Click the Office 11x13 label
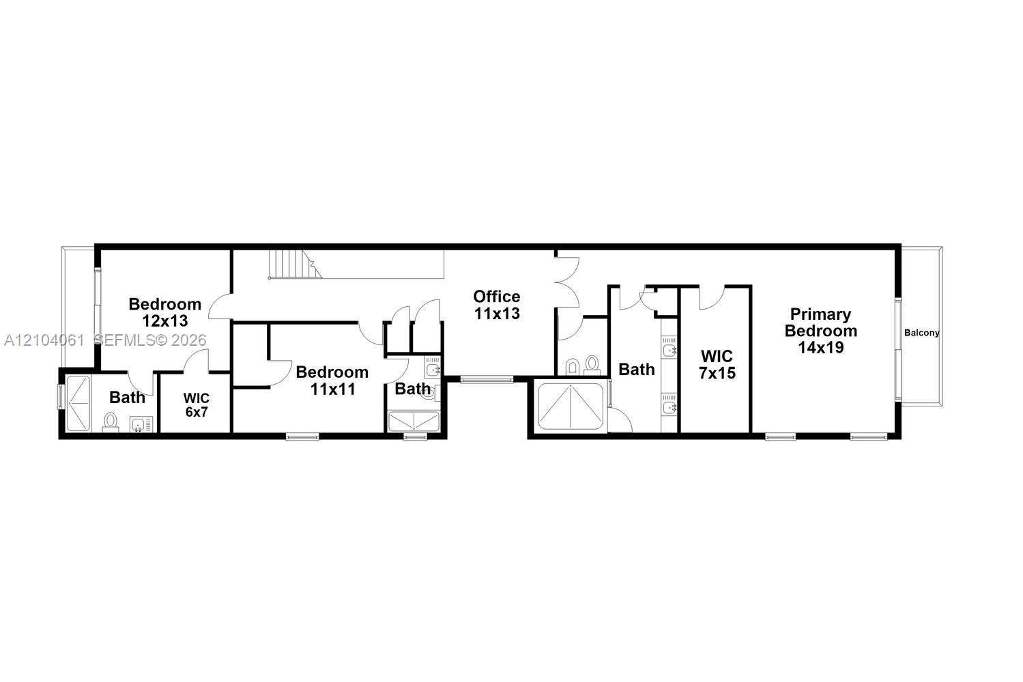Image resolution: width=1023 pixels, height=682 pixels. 497,305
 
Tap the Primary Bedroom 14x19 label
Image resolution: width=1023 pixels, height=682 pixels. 821,331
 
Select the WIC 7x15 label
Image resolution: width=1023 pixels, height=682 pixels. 717,364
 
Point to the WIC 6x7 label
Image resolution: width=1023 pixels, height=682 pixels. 197,405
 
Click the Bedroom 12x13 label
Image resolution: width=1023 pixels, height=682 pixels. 165,312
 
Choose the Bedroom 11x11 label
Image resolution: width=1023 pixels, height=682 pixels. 332,381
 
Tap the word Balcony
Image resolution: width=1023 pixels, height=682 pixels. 921,333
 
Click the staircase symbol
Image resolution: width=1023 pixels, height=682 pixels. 295,264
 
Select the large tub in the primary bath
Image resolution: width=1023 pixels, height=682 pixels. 571,406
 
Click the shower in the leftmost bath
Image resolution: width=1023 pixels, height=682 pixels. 78,404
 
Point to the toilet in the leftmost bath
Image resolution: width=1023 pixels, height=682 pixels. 110,422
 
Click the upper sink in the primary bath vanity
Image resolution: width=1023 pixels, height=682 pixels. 669,350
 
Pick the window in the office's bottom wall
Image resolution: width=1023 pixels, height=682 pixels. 487,379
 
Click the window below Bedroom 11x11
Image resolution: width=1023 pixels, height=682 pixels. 302,437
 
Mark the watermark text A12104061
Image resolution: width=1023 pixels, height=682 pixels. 44,340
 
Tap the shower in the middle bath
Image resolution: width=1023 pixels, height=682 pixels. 414,421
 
